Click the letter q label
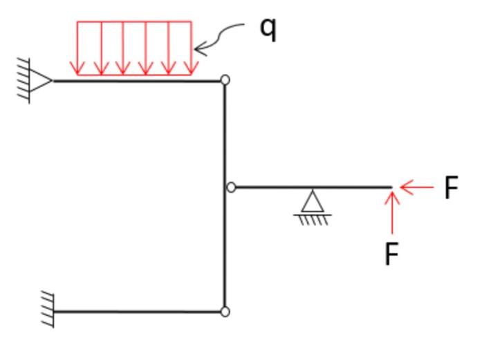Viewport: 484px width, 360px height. click(268, 29)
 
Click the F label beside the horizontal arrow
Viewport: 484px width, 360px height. click(451, 188)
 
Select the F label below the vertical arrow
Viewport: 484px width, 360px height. click(392, 254)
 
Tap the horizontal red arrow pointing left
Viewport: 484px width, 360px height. click(416, 187)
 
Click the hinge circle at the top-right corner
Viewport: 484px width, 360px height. click(225, 80)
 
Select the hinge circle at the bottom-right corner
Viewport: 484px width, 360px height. click(225, 312)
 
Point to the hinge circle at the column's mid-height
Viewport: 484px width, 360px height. click(232, 187)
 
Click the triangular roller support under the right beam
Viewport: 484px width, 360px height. click(313, 202)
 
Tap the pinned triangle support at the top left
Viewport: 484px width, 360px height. click(41, 81)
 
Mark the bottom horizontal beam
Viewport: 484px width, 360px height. click(138, 312)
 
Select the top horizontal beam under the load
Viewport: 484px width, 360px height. click(138, 81)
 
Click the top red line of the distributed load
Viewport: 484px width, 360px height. click(134, 22)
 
